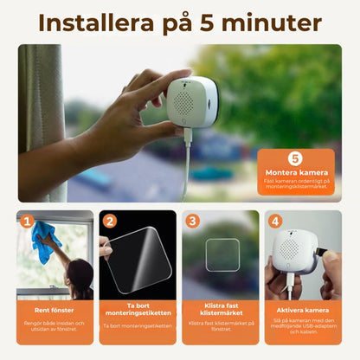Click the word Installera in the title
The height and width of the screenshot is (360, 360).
(96, 22)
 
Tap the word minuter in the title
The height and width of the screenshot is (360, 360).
(275, 22)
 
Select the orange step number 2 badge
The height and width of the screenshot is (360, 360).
(109, 221)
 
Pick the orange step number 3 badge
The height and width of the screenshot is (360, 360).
(192, 221)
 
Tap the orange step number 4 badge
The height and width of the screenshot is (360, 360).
(275, 221)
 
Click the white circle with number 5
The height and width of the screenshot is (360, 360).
(294, 158)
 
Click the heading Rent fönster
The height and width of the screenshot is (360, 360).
(55, 309)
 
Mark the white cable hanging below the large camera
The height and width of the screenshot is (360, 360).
(183, 164)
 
